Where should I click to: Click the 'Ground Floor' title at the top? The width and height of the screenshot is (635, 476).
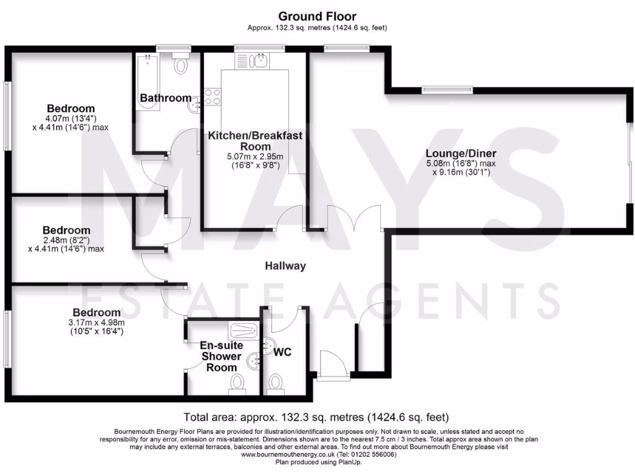[317, 16]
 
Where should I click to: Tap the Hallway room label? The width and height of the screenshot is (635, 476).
[285, 266]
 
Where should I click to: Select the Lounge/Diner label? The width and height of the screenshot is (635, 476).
[460, 153]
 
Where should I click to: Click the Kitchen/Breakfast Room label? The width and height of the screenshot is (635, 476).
[255, 141]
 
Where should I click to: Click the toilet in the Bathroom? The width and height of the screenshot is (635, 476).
[182, 63]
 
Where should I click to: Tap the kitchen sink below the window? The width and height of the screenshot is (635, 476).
[251, 61]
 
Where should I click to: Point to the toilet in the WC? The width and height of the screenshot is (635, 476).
[275, 384]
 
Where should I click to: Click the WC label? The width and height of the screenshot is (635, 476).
[283, 351]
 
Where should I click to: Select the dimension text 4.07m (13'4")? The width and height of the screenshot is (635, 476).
[70, 118]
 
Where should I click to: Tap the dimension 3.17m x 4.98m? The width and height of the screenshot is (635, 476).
[95, 322]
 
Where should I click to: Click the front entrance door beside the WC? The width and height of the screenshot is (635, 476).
[332, 366]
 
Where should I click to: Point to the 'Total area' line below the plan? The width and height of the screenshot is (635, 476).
[316, 416]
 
